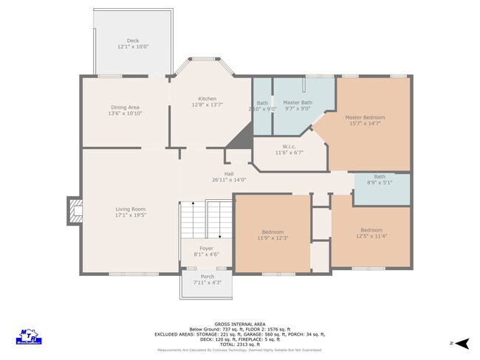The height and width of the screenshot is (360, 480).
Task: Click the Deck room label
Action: click(133, 41)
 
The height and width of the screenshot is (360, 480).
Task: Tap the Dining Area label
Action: click(124, 108)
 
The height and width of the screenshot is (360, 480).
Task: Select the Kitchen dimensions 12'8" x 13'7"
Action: click(207, 105)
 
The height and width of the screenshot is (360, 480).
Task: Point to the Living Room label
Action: click(130, 210)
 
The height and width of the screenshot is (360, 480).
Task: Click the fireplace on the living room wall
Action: click(74, 210)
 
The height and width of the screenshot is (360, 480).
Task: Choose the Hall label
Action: click(229, 173)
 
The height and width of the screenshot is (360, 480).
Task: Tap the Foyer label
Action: click(207, 249)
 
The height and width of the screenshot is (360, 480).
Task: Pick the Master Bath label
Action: click(297, 103)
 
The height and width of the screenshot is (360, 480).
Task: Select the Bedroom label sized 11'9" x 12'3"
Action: click(272, 232)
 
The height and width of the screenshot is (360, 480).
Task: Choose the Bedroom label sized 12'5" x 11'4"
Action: click(371, 229)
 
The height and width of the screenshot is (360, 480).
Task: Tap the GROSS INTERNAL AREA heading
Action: click(239, 323)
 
